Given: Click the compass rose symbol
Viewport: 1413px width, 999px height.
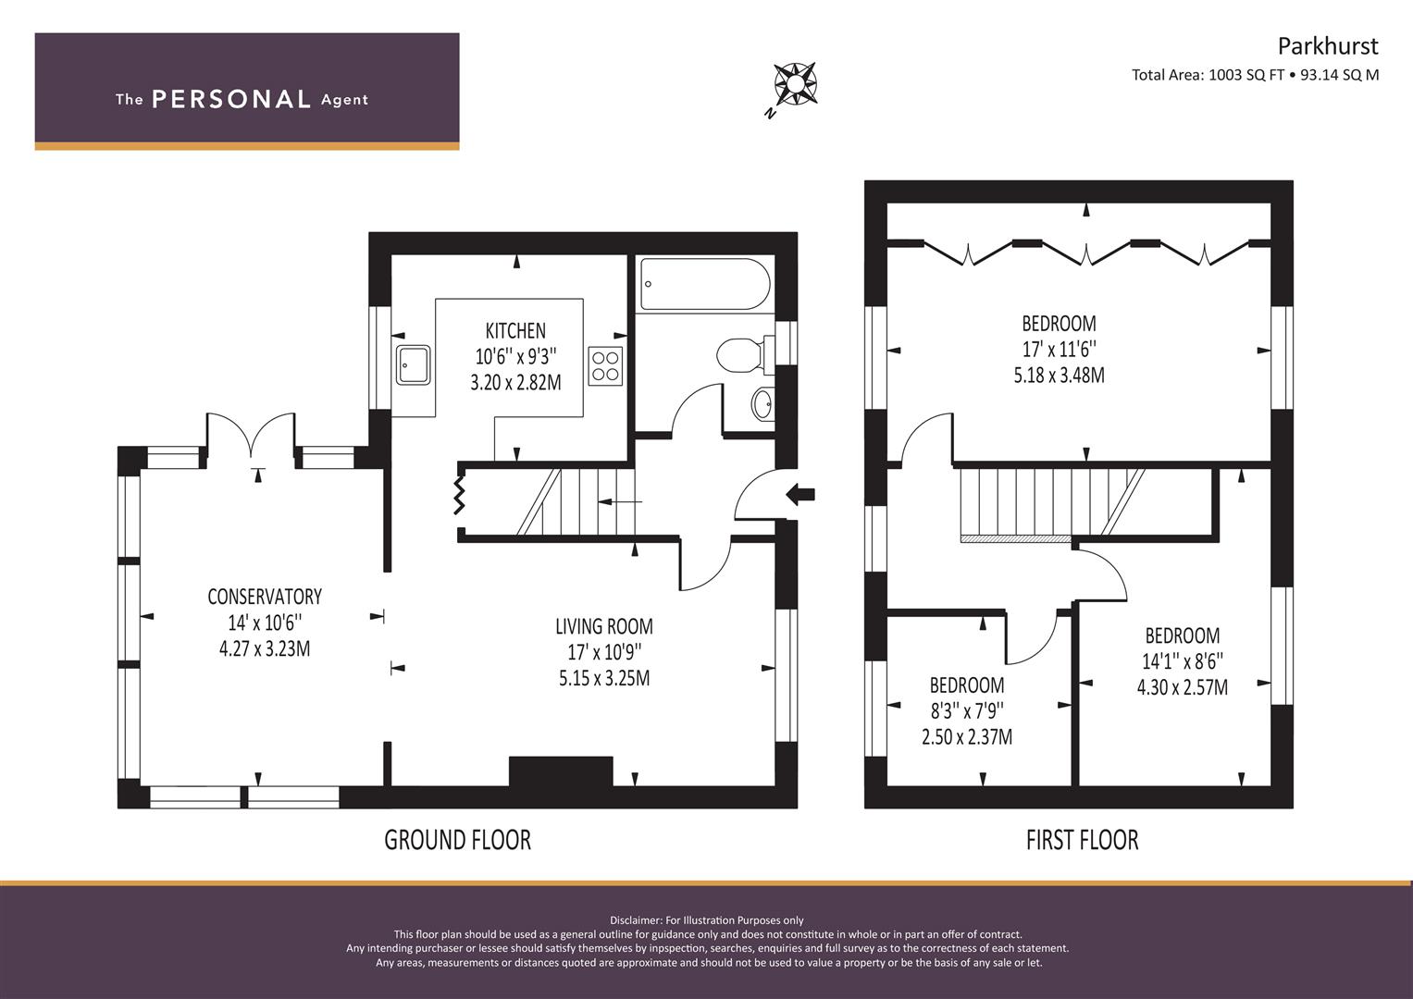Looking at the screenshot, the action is click(796, 84).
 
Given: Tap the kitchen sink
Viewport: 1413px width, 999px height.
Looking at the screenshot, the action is click(414, 364).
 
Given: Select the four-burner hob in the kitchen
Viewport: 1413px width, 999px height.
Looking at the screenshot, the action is click(605, 365).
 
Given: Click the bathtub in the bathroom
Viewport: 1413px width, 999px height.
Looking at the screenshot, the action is click(705, 284).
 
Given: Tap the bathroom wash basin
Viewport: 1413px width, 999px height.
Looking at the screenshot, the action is click(763, 403).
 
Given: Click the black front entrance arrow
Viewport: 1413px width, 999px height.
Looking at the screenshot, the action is click(800, 494).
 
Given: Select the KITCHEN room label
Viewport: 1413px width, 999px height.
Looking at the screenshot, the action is click(515, 330).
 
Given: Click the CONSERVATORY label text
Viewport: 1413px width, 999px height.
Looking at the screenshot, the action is click(265, 596).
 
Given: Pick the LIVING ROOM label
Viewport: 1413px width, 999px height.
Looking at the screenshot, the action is click(604, 626).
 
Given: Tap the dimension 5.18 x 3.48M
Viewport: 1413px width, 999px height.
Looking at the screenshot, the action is click(1060, 376).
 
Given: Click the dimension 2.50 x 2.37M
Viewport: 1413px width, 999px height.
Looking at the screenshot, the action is click(967, 736).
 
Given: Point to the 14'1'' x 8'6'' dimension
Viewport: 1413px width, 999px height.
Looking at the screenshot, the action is click(1183, 661).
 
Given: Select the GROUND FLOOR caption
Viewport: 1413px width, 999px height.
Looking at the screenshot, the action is click(458, 840).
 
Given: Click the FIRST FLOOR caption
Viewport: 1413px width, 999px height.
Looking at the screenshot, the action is click(1083, 840).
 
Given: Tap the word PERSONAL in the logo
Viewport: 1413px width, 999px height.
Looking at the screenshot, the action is click(231, 99).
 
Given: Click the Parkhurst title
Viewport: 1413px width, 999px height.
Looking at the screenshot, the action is click(1328, 46).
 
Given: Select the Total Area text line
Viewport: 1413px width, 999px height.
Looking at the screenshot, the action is click(1256, 75).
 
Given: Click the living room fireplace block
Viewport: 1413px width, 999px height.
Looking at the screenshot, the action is click(561, 771).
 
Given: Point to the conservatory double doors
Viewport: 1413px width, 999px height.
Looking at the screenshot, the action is click(251, 435).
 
